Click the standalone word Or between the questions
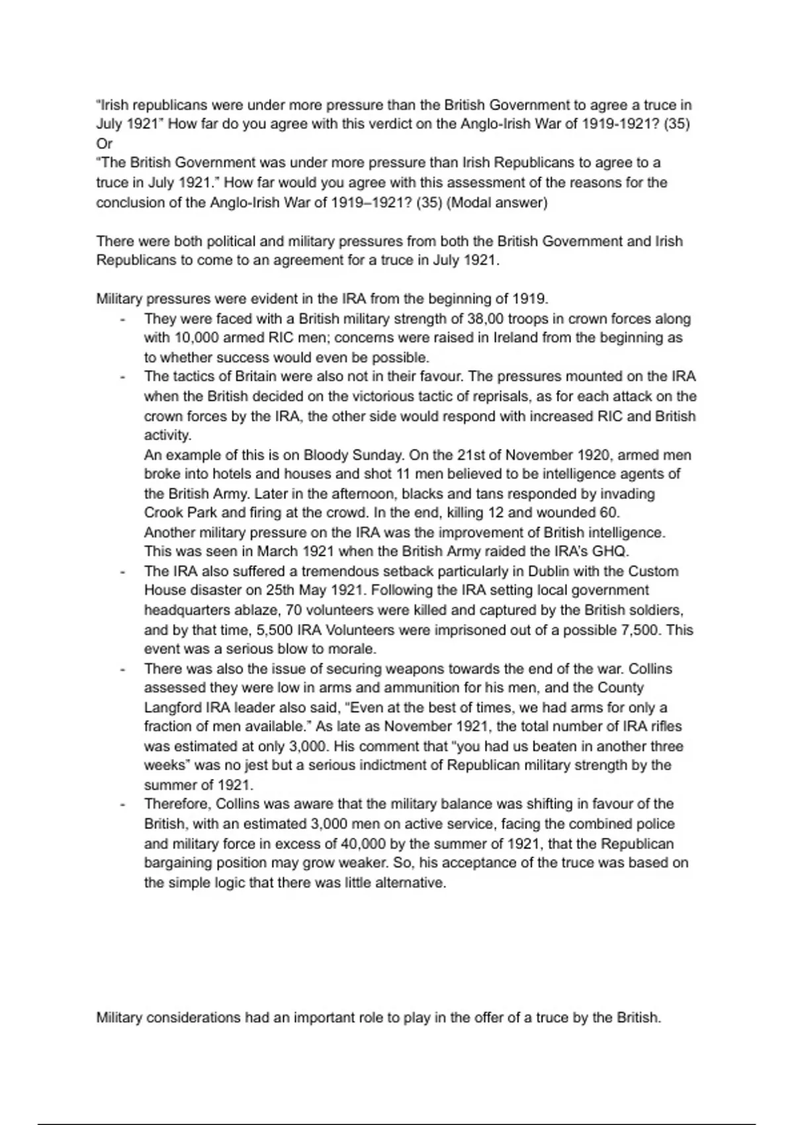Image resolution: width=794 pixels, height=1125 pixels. [104, 144]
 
